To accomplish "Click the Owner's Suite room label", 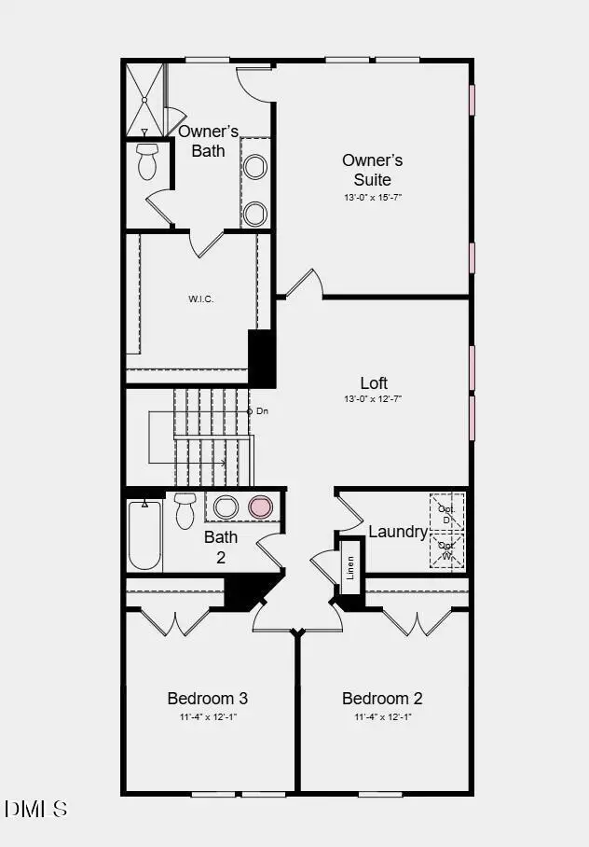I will [373, 170].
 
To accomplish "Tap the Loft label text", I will [374, 382].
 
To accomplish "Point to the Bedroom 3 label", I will [207, 698].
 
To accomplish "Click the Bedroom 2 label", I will [382, 698].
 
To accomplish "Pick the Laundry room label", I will [398, 532].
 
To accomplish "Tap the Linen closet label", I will [350, 566].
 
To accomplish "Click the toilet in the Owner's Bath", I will [147, 161].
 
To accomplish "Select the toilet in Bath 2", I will [184, 509].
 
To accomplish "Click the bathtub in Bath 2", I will [144, 535].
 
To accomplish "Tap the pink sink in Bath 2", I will [260, 507].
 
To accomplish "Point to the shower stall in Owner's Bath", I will [144, 99].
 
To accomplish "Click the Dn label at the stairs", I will [262, 410].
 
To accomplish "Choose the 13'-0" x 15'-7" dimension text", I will [373, 198].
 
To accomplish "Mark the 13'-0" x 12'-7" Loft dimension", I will [373, 399].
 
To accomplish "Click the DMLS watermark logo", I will [35, 808].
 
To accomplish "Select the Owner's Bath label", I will [209, 141].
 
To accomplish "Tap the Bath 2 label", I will [221, 547].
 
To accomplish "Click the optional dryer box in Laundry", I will [446, 512].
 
